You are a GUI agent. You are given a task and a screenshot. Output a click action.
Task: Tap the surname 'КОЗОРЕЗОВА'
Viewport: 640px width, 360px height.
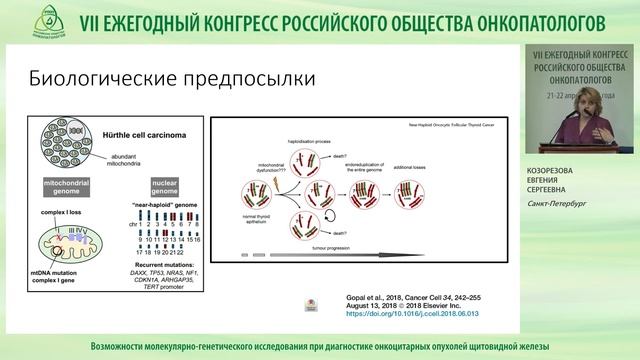(565, 171)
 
